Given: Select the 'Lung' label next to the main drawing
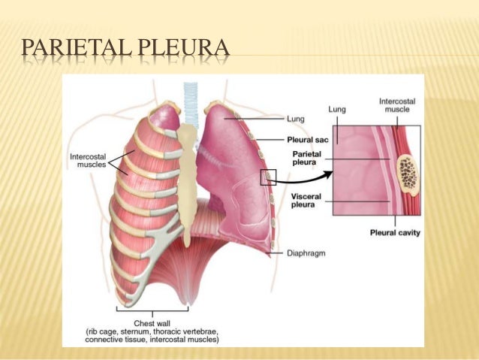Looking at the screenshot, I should pyautogui.click(x=295, y=118).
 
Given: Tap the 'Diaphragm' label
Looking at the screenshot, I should pyautogui.click(x=306, y=253).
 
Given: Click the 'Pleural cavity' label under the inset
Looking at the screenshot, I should pyautogui.click(x=395, y=233).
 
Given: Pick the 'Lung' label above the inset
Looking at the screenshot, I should pyautogui.click(x=337, y=109).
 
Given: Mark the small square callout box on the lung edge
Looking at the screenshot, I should pyautogui.click(x=269, y=177).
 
